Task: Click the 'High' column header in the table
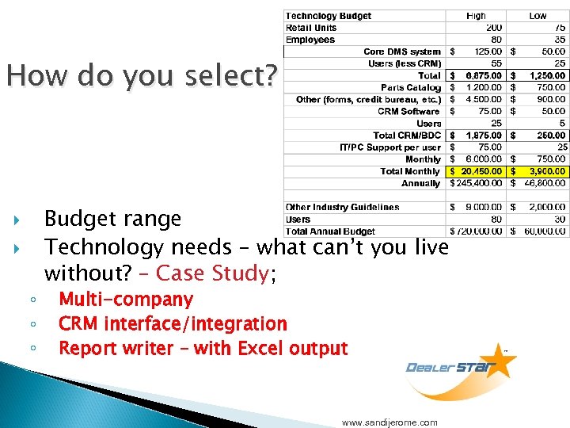(477, 16)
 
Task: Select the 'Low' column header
(538, 16)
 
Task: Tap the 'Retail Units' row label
(311, 28)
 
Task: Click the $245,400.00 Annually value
(476, 183)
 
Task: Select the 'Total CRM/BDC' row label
(407, 136)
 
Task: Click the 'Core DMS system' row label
(402, 52)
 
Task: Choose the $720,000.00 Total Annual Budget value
(476, 231)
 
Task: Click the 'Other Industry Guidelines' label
(342, 208)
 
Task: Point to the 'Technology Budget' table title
(328, 16)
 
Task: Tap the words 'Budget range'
(112, 219)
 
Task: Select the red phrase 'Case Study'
(212, 273)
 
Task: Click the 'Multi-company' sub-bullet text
(126, 300)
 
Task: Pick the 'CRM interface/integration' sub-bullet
(173, 324)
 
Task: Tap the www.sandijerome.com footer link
(389, 422)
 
